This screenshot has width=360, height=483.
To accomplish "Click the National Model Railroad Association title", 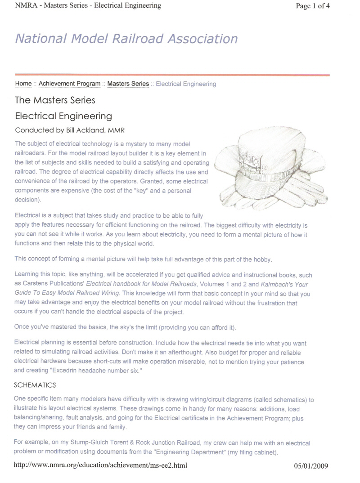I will click(x=126, y=39).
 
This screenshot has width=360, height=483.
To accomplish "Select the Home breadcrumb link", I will click(x=23, y=84).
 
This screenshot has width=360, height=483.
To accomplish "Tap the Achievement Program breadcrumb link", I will click(x=69, y=84).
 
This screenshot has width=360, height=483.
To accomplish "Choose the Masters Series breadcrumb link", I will click(x=128, y=84).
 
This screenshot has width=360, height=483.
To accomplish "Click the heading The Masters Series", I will click(x=55, y=100).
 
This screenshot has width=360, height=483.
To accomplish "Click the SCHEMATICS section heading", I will click(x=35, y=385).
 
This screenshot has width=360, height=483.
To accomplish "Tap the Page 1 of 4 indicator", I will click(x=313, y=6).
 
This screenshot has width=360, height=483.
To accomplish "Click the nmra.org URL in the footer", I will click(x=100, y=465).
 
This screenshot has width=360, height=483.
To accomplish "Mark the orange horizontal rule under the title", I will click(x=172, y=75).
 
